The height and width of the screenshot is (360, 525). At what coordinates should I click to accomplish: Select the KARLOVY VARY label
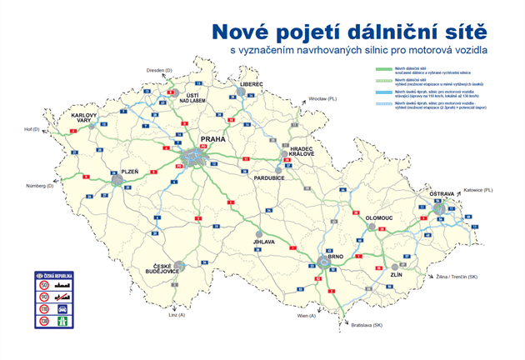pyautogui.click(x=85, y=118)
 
